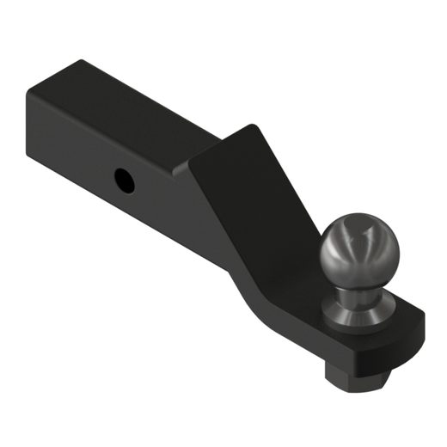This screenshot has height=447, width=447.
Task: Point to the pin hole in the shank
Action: coord(125,180)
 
